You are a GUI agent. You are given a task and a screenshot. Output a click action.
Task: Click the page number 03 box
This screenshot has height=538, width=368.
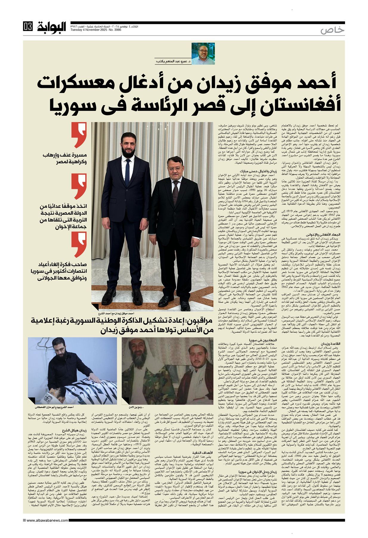[28, 27]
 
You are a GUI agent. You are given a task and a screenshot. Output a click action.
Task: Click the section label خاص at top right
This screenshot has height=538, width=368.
[332, 30]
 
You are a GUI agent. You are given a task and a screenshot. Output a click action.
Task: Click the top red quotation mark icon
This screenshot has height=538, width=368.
[79, 135]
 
